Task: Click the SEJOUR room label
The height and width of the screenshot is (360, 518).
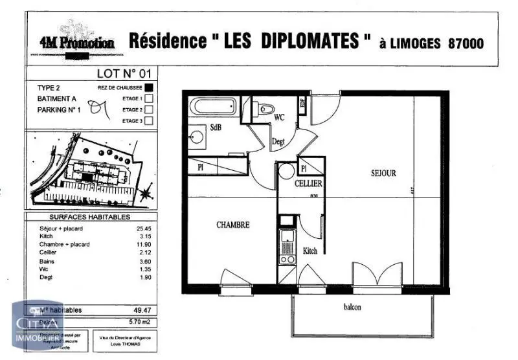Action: [x=383, y=174]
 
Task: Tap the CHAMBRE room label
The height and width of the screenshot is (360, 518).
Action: [x=232, y=225]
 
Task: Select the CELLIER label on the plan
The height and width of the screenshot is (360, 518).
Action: [x=308, y=184]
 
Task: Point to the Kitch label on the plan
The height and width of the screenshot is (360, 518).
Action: [x=310, y=251]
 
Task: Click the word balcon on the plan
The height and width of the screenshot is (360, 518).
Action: [x=352, y=308]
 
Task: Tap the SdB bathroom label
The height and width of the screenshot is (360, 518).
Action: [x=216, y=128]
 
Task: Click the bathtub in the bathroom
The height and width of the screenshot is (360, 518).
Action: [x=213, y=106]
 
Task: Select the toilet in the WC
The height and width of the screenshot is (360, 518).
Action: [x=264, y=109]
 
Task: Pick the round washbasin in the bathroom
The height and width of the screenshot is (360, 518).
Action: [x=196, y=137]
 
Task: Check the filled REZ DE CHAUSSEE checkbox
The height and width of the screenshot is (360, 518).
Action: [x=149, y=87]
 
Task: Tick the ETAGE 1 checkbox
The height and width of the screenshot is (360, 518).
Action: [x=149, y=98]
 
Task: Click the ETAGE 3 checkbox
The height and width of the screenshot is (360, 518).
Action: [x=149, y=120]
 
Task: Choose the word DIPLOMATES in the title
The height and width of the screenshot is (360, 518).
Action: [x=310, y=41]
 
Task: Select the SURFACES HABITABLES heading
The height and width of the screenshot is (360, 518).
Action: [x=90, y=218]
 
